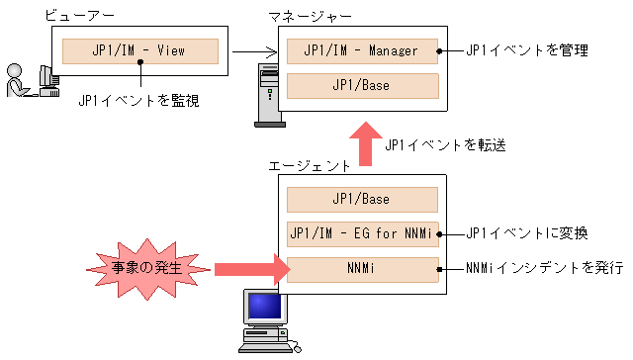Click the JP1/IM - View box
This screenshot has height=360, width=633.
click(139, 49)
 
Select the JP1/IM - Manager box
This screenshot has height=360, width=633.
click(361, 49)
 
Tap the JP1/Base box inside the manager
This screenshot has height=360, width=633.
click(361, 85)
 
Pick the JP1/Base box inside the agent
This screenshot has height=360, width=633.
click(361, 199)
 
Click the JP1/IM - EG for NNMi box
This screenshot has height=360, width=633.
click(361, 234)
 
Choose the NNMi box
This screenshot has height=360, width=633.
click(361, 269)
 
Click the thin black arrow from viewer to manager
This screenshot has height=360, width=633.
click(252, 50)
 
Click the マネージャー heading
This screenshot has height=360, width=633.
click(310, 17)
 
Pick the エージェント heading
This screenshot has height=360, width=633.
click(310, 166)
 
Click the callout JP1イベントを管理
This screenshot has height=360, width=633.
click(526, 49)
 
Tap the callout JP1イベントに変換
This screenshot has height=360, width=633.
click(526, 234)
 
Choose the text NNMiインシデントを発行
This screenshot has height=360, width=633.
click(544, 269)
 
